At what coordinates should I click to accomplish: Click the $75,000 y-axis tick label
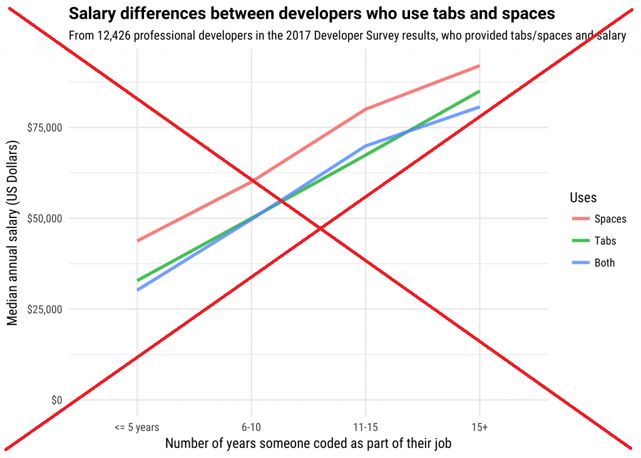point(44,128)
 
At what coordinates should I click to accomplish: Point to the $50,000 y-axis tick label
point(44,219)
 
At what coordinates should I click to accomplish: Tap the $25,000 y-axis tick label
point(44,310)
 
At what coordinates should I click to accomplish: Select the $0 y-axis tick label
point(56,400)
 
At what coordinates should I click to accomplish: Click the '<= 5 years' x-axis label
point(137,427)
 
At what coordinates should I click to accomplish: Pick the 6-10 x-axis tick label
point(251,427)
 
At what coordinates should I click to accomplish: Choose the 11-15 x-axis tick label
point(365,427)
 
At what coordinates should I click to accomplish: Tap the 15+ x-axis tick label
point(479,427)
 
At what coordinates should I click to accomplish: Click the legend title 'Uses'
point(583,198)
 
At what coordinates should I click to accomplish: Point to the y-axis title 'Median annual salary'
point(13,232)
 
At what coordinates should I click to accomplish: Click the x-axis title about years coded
point(308,444)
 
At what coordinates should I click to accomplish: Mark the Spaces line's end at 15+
point(479,66)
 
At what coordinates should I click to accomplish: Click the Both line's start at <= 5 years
point(137,289)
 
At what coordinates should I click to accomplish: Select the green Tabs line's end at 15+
point(479,91)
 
